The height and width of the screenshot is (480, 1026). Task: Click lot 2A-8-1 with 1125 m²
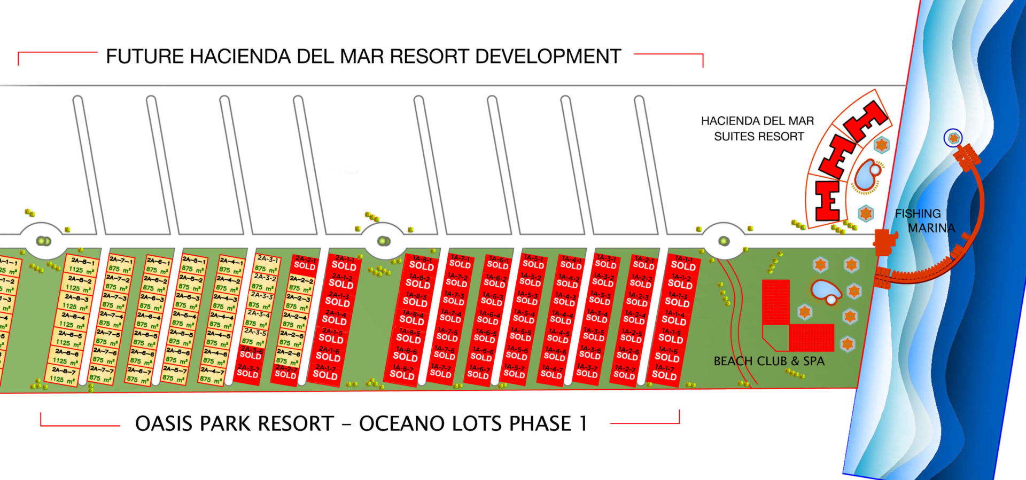pos(81,266)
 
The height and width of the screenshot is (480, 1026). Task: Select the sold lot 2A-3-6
pos(251,353)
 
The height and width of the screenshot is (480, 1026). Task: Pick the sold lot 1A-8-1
pos(422,263)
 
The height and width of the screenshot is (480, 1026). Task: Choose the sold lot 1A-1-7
pos(664,372)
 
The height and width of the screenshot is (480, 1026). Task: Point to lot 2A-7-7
pos(102,373)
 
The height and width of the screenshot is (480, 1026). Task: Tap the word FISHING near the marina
pos(918,214)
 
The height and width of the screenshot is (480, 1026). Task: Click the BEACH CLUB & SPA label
pos(768,361)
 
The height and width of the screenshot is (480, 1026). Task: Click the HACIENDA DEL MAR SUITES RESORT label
pos(758,129)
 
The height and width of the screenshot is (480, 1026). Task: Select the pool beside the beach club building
pos(825,292)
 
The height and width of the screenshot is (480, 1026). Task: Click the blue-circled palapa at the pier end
pos(953,138)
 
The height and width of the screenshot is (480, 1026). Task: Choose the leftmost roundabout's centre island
pos(43,241)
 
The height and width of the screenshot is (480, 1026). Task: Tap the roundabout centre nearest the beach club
pos(724,241)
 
